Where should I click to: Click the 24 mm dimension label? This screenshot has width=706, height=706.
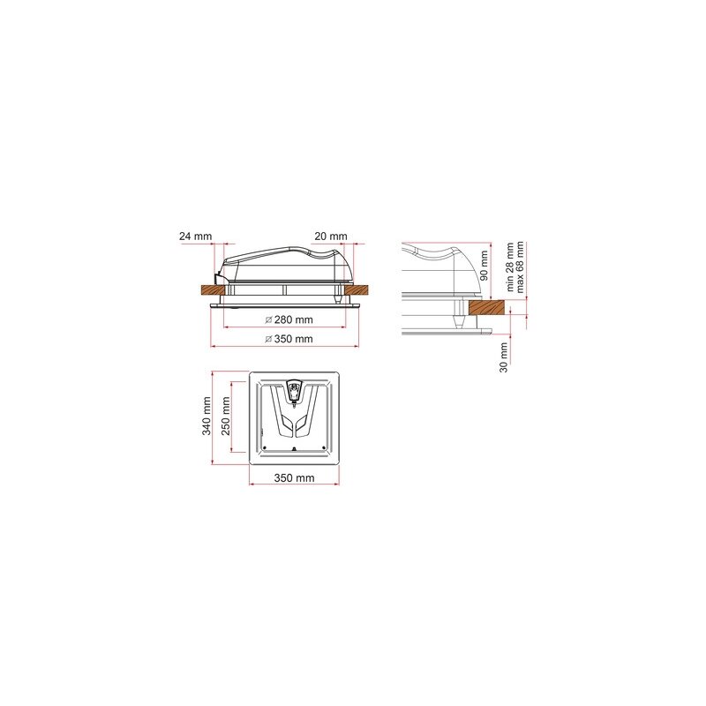[x=195, y=237]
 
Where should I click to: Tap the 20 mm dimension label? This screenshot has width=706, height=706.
[x=331, y=237]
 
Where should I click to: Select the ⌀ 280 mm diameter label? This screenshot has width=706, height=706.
[x=289, y=320]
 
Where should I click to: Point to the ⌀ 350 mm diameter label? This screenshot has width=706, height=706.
[x=289, y=339]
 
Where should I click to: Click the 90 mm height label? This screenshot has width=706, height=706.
[x=484, y=266]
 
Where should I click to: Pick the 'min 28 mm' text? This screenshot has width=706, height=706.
[x=510, y=267]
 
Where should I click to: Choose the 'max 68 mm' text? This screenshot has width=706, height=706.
[x=520, y=267]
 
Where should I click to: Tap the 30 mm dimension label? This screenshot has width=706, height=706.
[x=503, y=357]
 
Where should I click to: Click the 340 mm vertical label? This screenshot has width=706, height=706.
[x=207, y=416]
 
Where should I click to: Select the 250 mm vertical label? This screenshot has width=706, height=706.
[x=225, y=416]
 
